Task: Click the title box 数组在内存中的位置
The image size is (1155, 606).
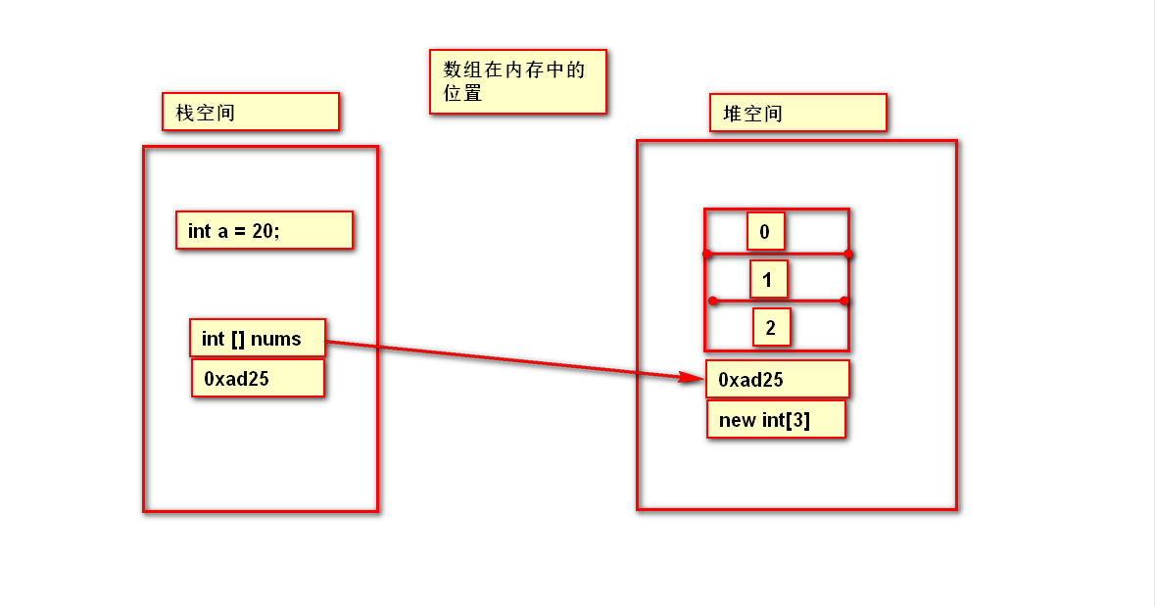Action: [517, 81]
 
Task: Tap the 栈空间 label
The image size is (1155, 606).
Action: [250, 112]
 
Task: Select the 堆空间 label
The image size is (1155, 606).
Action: [797, 113]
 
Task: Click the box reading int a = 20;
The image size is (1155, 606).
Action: [264, 231]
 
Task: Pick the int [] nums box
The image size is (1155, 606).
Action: [257, 339]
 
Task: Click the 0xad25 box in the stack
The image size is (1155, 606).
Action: [257, 378]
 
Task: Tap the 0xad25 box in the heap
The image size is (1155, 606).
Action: [777, 380]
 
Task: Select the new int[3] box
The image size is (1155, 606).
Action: [775, 420]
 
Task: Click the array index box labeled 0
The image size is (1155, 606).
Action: [765, 232]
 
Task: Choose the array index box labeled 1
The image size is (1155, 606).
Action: [768, 280]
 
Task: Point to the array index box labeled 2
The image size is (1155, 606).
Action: [771, 327]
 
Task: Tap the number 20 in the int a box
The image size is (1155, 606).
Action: [263, 231]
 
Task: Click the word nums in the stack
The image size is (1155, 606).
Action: [275, 339]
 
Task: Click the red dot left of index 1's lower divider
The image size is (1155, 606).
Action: [712, 301]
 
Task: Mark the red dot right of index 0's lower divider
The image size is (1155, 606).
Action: [848, 255]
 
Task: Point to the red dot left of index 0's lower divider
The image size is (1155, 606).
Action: [705, 255]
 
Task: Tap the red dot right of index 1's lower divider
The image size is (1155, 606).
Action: [844, 301]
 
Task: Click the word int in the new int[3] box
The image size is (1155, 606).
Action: [772, 421]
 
